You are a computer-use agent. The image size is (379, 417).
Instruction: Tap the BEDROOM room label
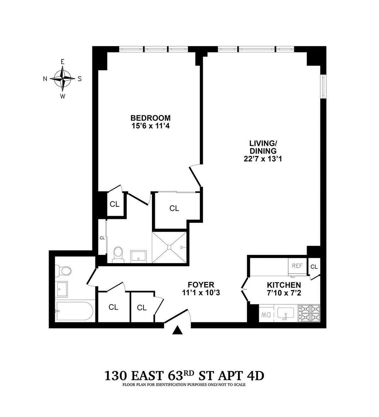151,118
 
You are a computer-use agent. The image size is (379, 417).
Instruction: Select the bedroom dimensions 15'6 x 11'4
151,126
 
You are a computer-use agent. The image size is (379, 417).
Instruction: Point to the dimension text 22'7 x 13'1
263,159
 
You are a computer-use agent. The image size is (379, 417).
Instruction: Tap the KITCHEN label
283,285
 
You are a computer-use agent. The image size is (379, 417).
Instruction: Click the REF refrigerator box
297,266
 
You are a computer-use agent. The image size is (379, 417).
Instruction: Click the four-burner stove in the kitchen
309,313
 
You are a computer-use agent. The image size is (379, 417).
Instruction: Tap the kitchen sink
286,313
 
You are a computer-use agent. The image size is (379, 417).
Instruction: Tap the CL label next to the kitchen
314,267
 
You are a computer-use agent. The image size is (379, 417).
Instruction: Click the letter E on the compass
63,62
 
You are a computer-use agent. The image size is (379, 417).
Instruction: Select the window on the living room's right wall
322,86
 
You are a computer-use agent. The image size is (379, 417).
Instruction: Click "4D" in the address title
254,376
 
